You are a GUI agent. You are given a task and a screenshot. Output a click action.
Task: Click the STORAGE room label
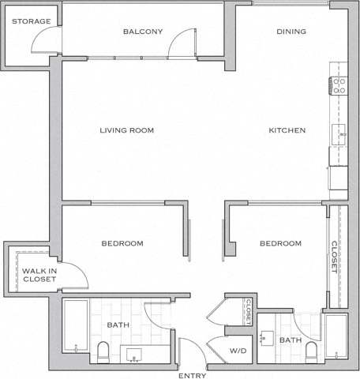click(x=31, y=21)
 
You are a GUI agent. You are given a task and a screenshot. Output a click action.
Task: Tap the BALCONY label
click(x=143, y=32)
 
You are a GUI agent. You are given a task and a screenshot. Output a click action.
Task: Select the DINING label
click(x=291, y=32)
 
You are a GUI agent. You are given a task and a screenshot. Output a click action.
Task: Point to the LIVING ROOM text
click(x=126, y=130)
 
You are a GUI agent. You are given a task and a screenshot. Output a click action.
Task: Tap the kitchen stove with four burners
click(x=339, y=85)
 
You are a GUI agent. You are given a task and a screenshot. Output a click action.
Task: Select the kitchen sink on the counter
click(x=341, y=133)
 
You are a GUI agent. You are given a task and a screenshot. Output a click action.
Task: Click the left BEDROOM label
click(x=122, y=243)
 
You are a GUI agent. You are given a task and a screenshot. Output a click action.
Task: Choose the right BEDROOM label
click(x=280, y=243)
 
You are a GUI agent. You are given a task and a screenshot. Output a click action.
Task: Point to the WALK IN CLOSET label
click(x=28, y=275)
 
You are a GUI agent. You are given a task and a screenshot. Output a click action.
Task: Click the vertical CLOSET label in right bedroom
click(x=335, y=257)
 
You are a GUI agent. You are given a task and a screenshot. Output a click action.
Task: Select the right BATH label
click(x=291, y=340)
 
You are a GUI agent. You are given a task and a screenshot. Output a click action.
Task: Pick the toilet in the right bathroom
click(x=311, y=351)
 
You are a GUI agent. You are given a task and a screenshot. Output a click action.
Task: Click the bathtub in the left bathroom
click(x=76, y=326)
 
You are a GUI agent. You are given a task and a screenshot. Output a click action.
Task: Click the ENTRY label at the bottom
click(x=193, y=375)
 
